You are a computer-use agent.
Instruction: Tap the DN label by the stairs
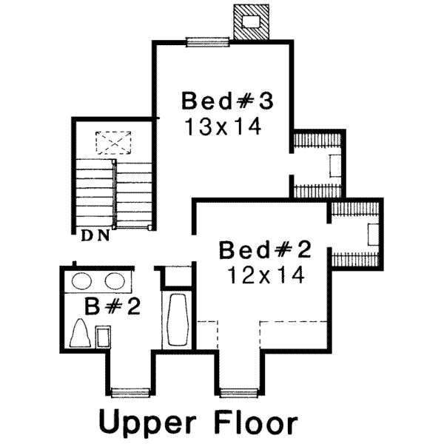(x=95, y=236)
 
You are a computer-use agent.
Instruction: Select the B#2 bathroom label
(x=112, y=305)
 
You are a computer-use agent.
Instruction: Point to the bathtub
(x=177, y=320)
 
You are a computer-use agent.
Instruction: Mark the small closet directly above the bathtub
(x=177, y=277)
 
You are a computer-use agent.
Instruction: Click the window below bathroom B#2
(x=129, y=391)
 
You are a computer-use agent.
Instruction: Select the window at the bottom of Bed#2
(x=239, y=391)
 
